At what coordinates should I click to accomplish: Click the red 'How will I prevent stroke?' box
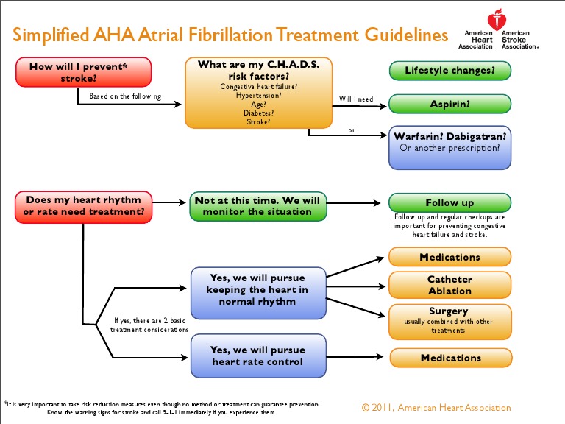tap(83, 72)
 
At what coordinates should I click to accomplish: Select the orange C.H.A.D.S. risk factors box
tap(258, 93)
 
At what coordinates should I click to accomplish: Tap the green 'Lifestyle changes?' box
tap(449, 71)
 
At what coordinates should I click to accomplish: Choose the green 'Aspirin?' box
tap(449, 105)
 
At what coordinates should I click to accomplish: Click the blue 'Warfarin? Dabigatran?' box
tap(449, 142)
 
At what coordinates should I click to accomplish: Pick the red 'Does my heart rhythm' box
tap(83, 206)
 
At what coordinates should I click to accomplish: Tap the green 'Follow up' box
tap(449, 202)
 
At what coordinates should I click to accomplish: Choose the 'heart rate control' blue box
tap(257, 356)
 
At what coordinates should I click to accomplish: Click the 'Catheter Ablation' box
tap(449, 285)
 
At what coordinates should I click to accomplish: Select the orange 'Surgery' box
tap(449, 320)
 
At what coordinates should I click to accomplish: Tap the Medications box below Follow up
tap(449, 257)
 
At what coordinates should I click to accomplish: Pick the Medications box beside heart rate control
tap(449, 358)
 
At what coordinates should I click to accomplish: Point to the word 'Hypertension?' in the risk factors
tap(258, 95)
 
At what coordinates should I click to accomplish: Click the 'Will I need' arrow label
tap(356, 98)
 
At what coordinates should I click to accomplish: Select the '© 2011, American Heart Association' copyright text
tap(436, 407)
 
